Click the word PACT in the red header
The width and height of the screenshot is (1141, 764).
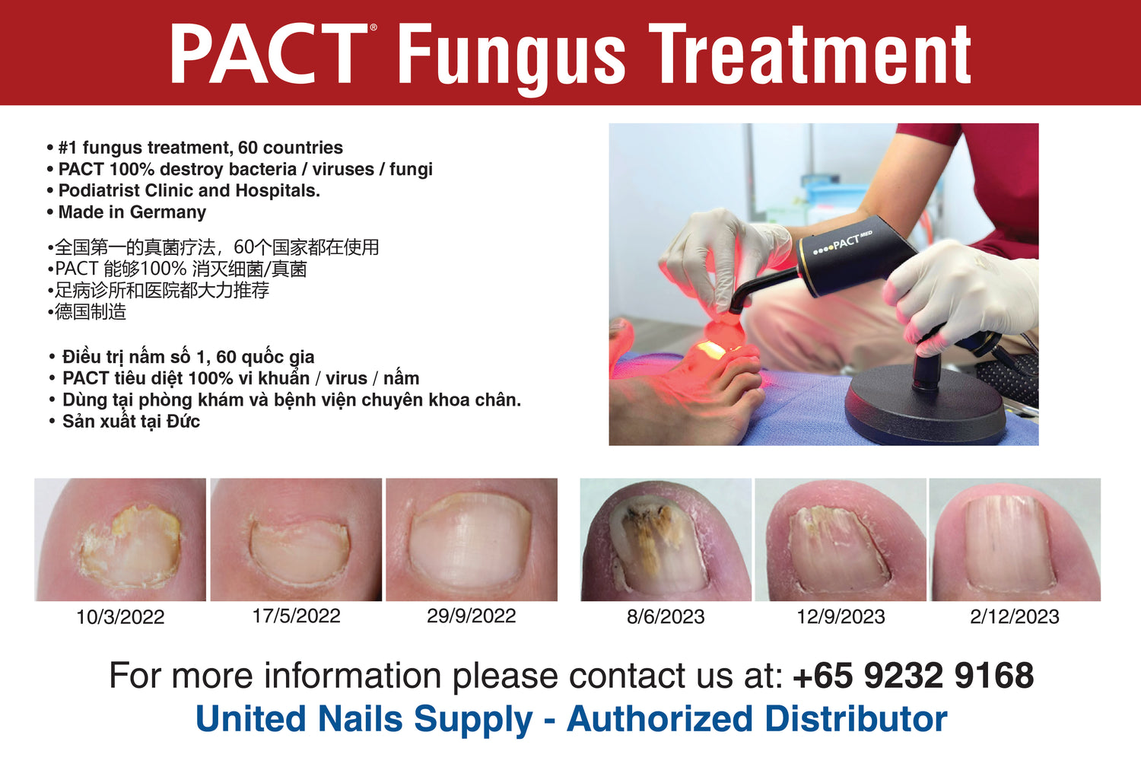click(269, 53)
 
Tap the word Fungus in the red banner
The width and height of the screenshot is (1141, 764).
click(511, 59)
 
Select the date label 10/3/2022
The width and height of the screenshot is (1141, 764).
click(120, 617)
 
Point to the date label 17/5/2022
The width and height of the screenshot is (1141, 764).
click(297, 616)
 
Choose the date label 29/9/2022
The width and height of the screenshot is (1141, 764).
click(472, 616)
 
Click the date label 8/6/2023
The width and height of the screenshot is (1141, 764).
click(666, 617)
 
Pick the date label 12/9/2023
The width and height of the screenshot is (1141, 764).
click(841, 617)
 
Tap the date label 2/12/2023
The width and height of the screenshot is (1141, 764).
click(1015, 617)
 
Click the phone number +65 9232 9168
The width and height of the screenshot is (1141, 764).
click(914, 675)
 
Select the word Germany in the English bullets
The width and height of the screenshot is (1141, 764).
click(167, 212)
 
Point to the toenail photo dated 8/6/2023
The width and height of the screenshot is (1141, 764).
click(666, 540)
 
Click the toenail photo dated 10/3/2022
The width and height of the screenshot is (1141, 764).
click(120, 540)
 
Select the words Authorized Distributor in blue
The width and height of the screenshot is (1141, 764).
click(757, 719)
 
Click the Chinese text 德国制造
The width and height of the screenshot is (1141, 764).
click(91, 312)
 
